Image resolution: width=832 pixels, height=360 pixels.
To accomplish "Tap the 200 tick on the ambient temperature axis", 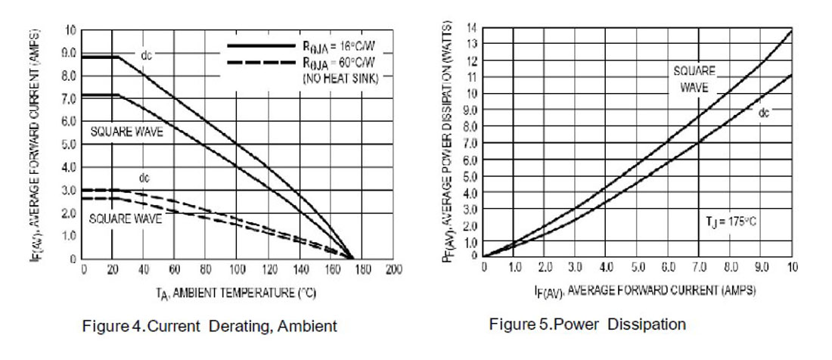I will pos(393,270).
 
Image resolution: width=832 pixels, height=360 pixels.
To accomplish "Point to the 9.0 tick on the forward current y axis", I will pos(69,54).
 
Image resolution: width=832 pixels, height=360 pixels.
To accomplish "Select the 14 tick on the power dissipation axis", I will pos(471,26).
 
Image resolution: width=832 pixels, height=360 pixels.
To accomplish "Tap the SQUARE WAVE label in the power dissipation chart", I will pos(694,79).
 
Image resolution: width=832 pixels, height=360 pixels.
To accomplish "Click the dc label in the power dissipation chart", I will pos(764,112).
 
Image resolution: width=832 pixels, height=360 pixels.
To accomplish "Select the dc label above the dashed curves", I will pos(144,178).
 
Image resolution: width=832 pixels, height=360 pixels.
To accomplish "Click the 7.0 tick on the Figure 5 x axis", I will pos(700,268).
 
